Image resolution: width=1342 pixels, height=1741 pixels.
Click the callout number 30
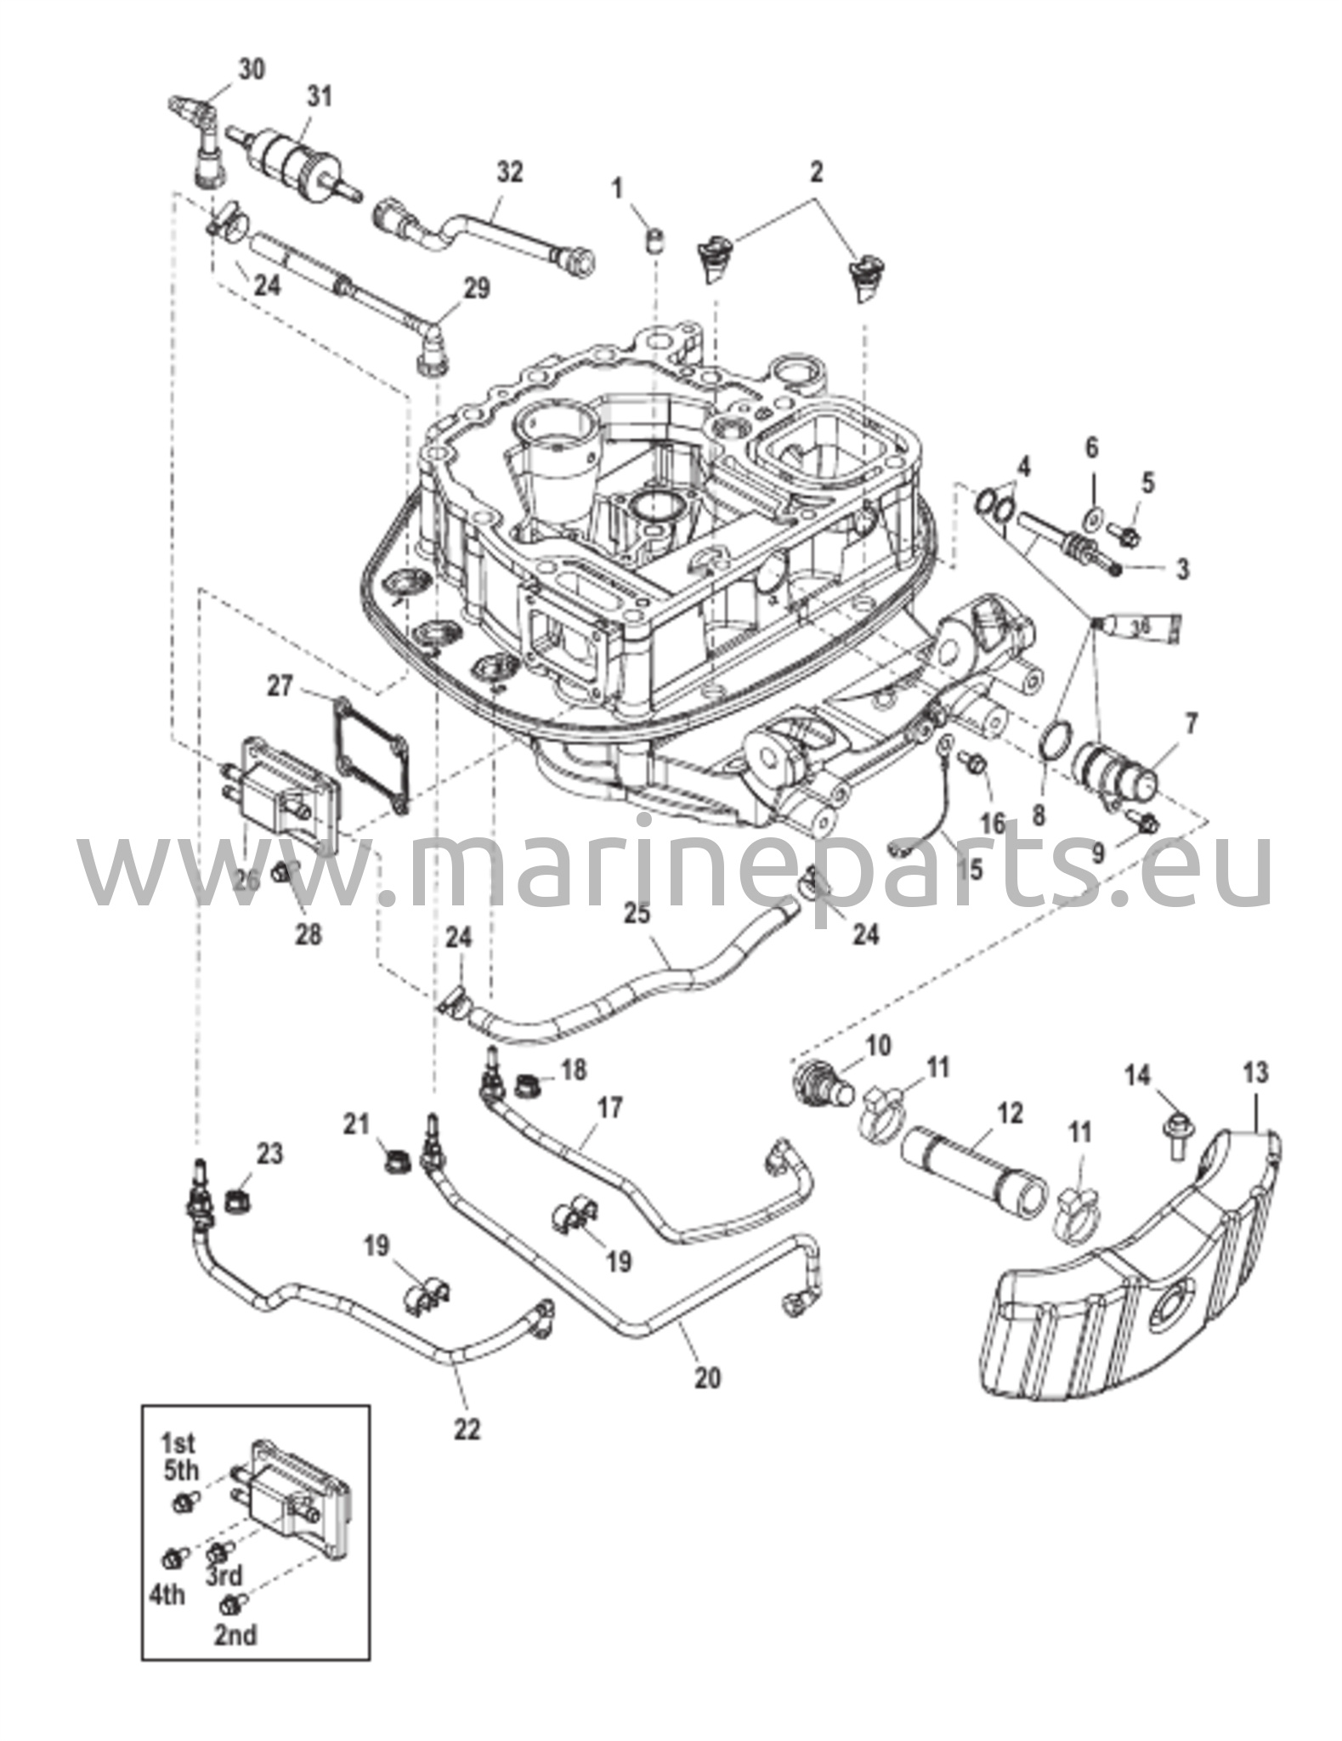pos(251,68)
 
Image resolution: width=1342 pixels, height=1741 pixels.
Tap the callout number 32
pos(509,172)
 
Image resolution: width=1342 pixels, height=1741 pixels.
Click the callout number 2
pos(816,173)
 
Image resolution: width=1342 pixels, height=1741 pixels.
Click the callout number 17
pos(609,1109)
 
